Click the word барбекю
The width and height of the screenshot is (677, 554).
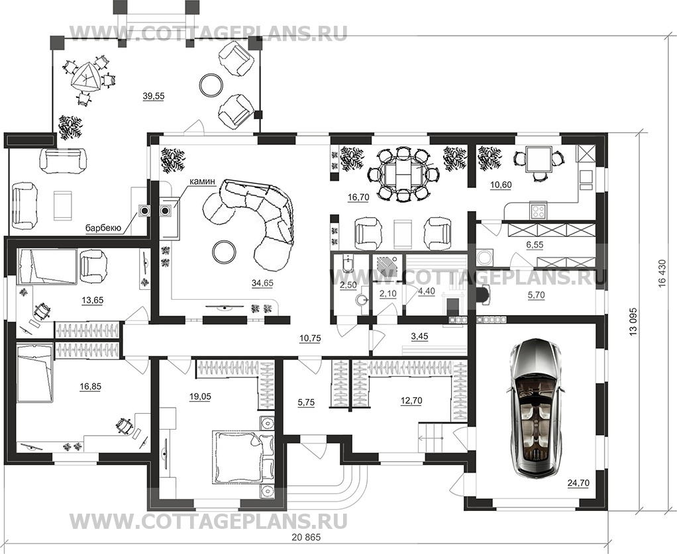[x=102, y=228]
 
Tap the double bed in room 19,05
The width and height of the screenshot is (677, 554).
[x=236, y=457]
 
